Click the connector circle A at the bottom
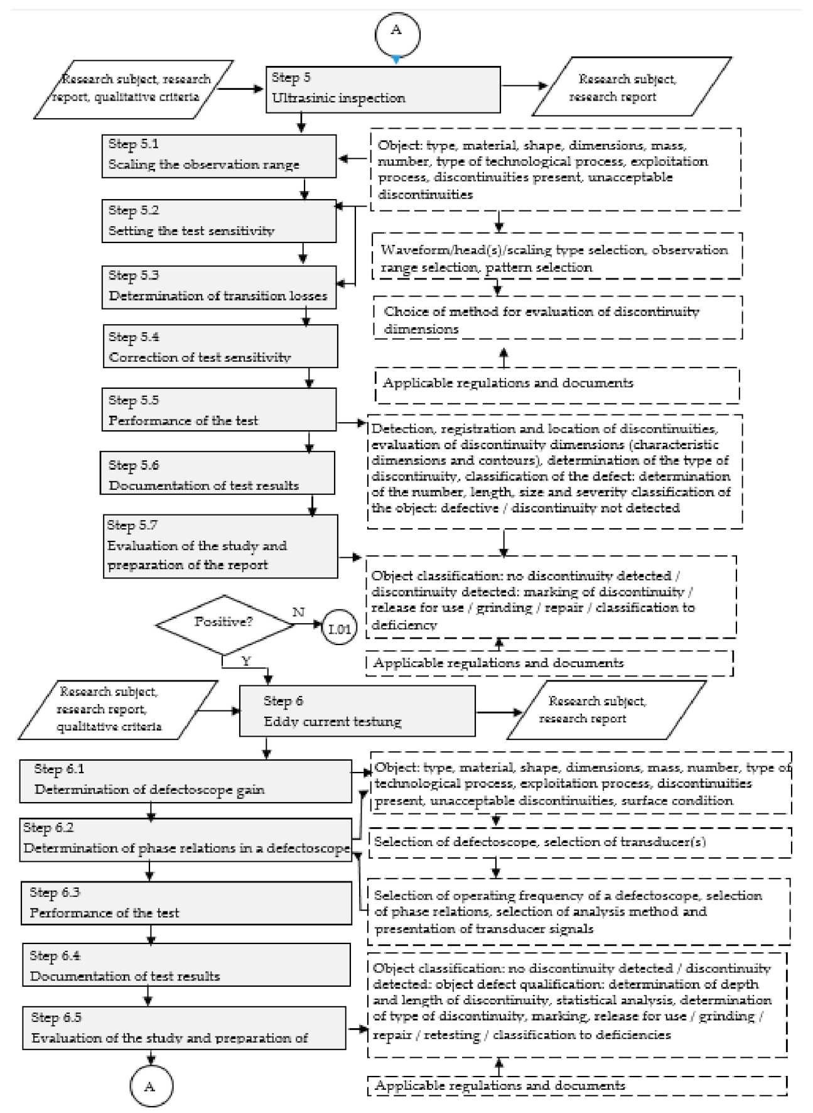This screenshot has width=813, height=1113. point(150,1087)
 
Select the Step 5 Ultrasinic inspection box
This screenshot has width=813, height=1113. point(383,89)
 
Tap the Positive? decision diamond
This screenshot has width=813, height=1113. point(224,624)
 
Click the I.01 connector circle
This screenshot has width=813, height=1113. point(339,629)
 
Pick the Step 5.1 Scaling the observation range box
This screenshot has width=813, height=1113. point(219,155)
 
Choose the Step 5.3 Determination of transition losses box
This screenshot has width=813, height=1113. point(219,287)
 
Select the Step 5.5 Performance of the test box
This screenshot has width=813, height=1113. point(219,410)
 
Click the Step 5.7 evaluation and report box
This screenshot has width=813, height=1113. point(221,546)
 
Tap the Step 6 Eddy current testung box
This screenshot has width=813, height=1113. point(357,711)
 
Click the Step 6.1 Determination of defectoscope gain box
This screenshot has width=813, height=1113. point(185,781)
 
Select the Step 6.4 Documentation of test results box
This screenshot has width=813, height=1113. point(186,965)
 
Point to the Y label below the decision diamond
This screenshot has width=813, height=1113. point(246,662)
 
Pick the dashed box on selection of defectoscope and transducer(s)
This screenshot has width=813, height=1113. point(580,842)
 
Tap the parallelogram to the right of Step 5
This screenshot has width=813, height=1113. point(631,88)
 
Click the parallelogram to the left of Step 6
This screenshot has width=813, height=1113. point(117,710)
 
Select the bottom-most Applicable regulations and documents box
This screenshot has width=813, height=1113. point(577,1085)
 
